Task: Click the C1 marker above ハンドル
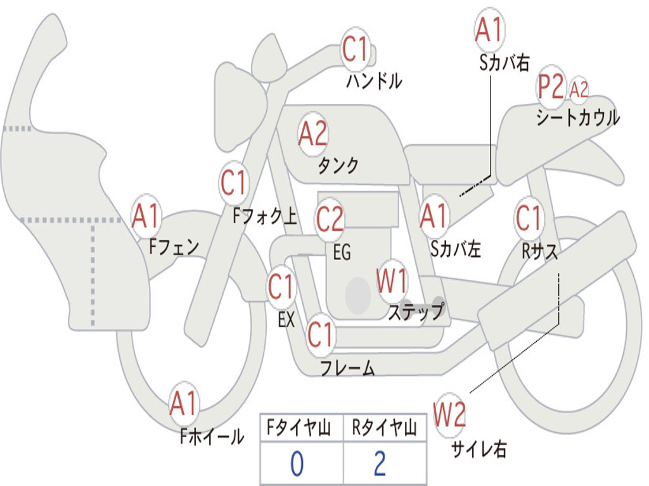pyautogui.click(x=356, y=49)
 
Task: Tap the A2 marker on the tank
pyautogui.click(x=313, y=134)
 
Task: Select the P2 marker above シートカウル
pyautogui.click(x=551, y=86)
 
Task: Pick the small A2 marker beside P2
pyautogui.click(x=579, y=89)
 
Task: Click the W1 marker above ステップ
pyautogui.click(x=392, y=281)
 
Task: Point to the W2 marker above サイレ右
pyautogui.click(x=449, y=414)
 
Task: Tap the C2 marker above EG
pyautogui.click(x=330, y=218)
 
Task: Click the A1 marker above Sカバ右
pyautogui.click(x=489, y=29)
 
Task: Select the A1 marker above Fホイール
pyautogui.click(x=183, y=403)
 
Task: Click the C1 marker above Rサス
pyautogui.click(x=529, y=218)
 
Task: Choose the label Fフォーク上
pyautogui.click(x=265, y=216)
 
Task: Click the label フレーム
pyautogui.click(x=348, y=368)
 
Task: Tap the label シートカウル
pyautogui.click(x=578, y=117)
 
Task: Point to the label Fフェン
pyautogui.click(x=174, y=247)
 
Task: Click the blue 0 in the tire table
pyautogui.click(x=297, y=464)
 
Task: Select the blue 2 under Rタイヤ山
pyautogui.click(x=380, y=464)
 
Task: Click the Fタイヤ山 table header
pyautogui.click(x=299, y=427)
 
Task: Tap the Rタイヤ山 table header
pyautogui.click(x=384, y=427)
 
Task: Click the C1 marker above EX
pyautogui.click(x=281, y=286)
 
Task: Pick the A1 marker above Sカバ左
pyautogui.click(x=434, y=216)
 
